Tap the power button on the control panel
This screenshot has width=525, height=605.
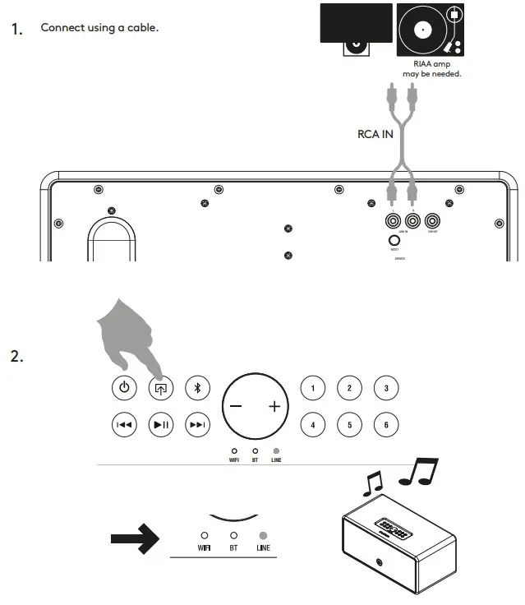(x=123, y=387)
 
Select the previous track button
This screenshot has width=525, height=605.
(x=123, y=424)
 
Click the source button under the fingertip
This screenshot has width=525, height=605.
(x=160, y=387)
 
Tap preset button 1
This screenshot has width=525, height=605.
(x=312, y=387)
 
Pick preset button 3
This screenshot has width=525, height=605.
(x=386, y=387)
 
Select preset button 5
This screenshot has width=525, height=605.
(x=349, y=424)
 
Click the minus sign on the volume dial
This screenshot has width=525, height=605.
(x=236, y=407)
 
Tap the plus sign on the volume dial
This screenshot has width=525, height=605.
(x=274, y=407)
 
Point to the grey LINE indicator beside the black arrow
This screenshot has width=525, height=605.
(x=263, y=534)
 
